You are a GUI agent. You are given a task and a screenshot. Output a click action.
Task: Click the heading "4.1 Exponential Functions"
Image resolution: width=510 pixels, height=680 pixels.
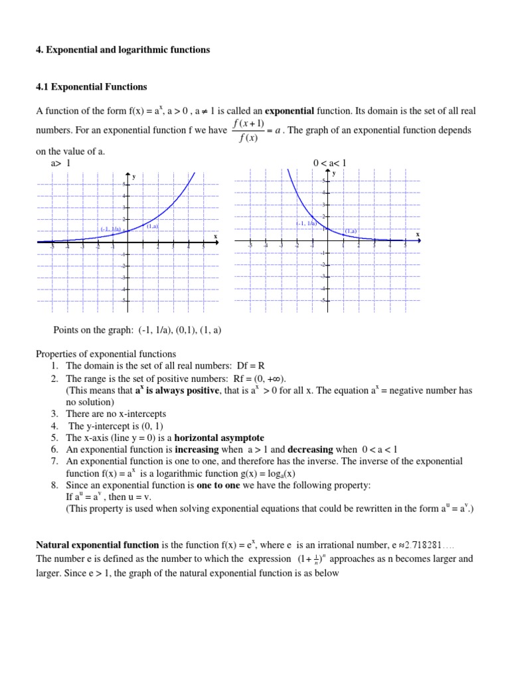click(91, 87)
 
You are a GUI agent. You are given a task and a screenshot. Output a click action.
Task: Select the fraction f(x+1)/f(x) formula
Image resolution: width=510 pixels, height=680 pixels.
click(249, 130)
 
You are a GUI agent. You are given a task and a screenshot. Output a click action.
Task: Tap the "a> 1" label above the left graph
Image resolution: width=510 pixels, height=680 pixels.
click(60, 163)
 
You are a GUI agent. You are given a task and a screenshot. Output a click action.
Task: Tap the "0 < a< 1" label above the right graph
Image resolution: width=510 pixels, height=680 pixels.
click(330, 163)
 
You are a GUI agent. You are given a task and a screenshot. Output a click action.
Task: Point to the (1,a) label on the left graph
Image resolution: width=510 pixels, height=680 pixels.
click(152, 226)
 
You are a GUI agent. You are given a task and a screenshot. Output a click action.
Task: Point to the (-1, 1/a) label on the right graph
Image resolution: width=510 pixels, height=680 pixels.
click(306, 224)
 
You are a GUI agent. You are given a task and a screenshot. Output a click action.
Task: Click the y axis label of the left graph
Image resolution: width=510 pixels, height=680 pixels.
click(134, 177)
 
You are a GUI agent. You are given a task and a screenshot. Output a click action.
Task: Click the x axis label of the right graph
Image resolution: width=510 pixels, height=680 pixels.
click(418, 234)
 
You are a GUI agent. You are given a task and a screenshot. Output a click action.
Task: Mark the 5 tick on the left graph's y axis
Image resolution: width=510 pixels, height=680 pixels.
click(124, 184)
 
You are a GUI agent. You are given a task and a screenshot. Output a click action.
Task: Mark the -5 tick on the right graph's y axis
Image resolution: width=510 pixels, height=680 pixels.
click(323, 301)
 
